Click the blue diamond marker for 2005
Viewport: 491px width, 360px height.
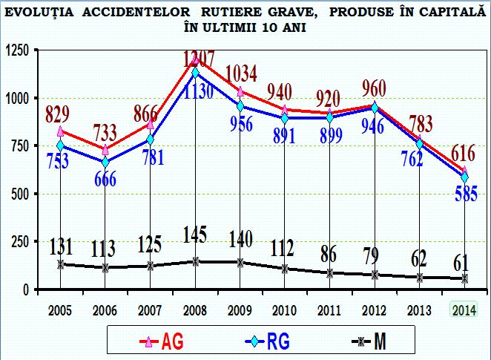[61, 145]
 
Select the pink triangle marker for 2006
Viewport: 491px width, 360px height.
[106, 149]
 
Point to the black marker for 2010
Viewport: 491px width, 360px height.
[286, 268]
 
